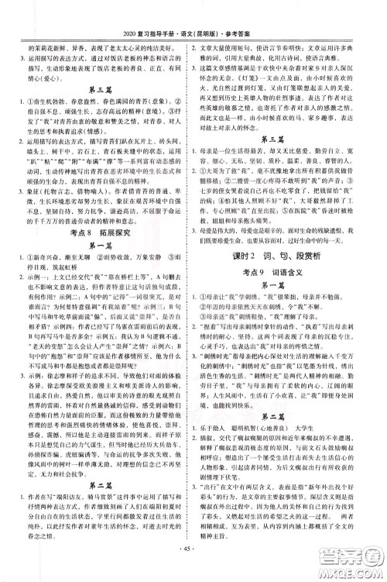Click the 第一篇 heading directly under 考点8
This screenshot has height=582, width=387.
point(99,260)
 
